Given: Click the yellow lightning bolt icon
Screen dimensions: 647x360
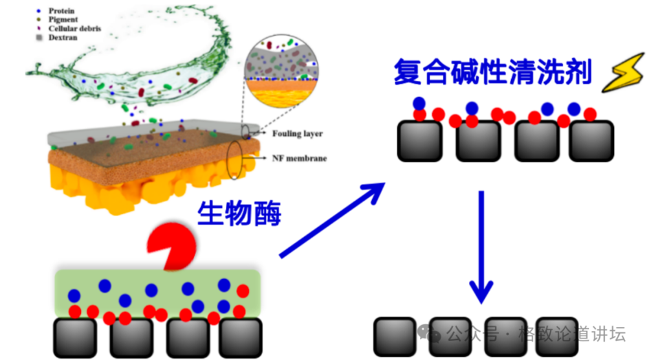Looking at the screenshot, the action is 624,73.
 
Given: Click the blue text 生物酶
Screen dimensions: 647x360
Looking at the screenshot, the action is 239,213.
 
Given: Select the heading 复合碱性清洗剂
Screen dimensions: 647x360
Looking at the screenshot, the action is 493,72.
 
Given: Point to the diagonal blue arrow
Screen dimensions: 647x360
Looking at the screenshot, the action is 332,220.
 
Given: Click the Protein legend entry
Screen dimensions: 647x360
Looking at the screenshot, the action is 56,11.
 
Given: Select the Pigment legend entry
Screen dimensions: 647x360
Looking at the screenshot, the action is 58,19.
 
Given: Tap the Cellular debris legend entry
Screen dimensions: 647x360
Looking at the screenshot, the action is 69,28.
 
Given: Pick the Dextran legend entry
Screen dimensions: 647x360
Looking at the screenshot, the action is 58,38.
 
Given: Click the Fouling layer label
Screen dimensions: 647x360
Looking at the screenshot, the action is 297,133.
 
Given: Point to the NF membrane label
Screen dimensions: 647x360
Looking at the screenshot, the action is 299,158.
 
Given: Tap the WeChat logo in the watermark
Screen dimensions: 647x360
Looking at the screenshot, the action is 429,333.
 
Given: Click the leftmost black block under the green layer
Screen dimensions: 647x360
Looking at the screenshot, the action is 75,338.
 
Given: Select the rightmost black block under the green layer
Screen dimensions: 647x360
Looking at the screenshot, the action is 241,338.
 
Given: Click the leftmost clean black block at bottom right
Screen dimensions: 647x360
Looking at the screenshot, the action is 395,337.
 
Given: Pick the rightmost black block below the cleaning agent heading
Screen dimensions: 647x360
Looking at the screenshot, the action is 591,141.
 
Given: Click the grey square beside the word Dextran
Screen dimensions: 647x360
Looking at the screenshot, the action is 39,38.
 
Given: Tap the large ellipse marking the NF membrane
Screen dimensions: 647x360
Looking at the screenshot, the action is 234,160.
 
